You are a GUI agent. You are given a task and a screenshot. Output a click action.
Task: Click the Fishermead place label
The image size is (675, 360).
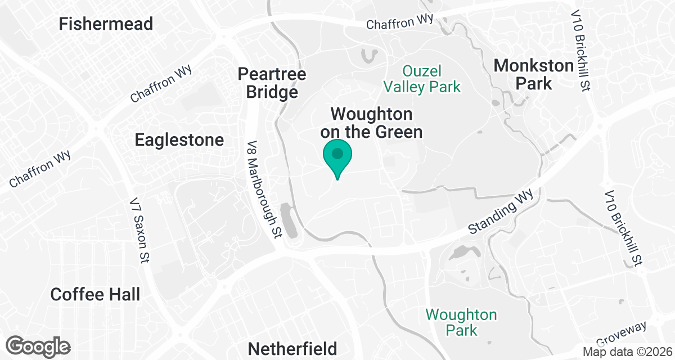(x=106, y=24)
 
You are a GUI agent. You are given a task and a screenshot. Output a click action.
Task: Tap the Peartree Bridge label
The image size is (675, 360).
(x=272, y=83)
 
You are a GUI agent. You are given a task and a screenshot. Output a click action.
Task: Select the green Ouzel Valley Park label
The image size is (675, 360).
(x=430, y=79)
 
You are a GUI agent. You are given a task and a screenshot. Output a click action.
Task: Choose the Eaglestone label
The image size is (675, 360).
(x=179, y=139)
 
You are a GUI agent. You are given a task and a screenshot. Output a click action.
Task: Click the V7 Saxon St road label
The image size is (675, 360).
(x=138, y=230)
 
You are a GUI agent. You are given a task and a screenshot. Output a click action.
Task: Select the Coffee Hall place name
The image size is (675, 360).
(x=95, y=294)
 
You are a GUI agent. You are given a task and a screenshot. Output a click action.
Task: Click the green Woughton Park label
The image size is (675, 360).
(x=461, y=322)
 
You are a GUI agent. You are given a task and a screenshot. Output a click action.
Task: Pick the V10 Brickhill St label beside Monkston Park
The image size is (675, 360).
(x=580, y=51)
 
